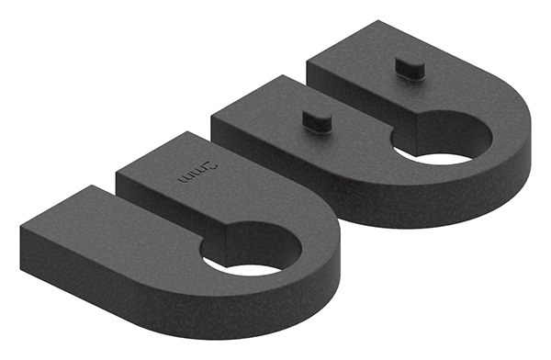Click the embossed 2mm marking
pos(197,173)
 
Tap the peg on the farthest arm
pos(410,68)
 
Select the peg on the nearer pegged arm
pos(317,121)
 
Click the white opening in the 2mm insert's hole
pos(253,270)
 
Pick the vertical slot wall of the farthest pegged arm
pos(362,90)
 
